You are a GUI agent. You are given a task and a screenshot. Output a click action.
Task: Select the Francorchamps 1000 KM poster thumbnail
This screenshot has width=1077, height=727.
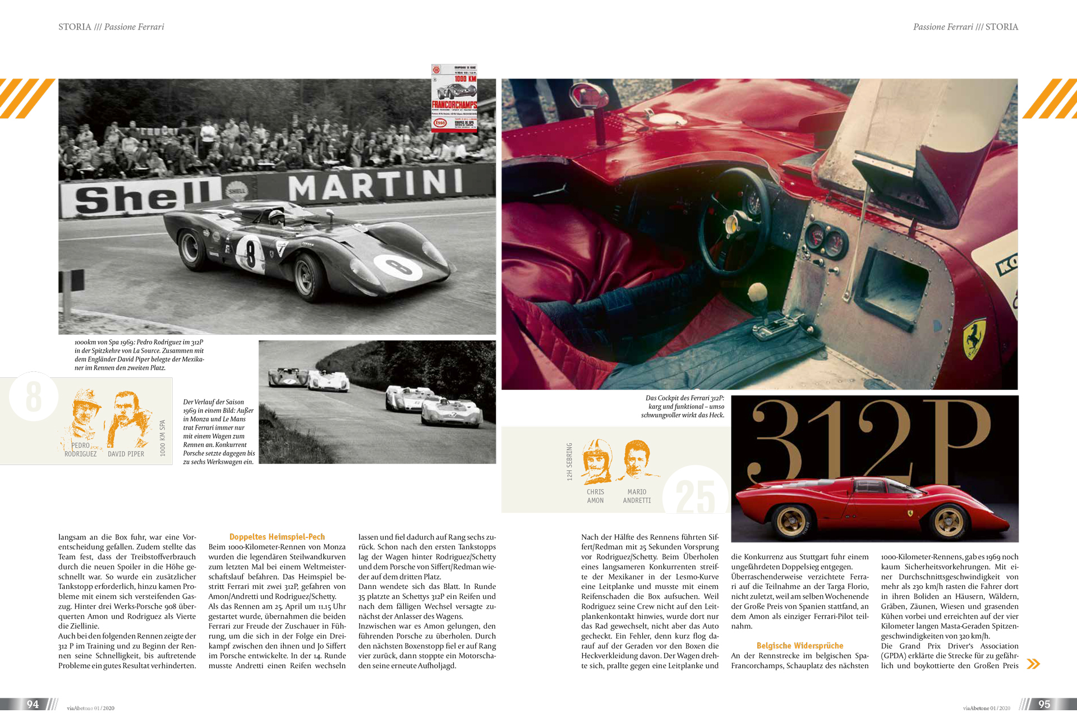click(454, 98)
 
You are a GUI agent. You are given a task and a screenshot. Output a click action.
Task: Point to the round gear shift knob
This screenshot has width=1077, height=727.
click(757, 292)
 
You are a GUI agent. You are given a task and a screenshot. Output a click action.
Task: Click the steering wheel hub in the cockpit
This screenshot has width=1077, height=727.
click(731, 224)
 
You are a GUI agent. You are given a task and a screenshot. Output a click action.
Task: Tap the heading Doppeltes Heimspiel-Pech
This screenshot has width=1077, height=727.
click(277, 537)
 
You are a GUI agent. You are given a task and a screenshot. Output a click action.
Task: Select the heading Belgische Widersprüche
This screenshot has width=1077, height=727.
click(799, 646)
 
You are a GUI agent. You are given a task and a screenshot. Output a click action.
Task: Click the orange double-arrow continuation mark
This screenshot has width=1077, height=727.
click(1033, 664)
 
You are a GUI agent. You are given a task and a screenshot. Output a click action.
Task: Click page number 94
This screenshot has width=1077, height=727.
click(33, 704)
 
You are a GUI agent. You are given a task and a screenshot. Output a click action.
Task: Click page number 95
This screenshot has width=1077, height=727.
click(1044, 704)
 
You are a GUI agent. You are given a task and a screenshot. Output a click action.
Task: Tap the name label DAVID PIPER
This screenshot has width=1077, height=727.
click(126, 454)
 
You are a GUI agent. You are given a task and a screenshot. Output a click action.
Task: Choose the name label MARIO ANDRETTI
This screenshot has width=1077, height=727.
click(637, 496)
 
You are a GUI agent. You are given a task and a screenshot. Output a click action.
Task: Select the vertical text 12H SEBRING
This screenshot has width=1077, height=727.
click(569, 462)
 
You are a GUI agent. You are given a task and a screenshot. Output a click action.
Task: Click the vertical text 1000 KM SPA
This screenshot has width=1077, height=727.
click(163, 438)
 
